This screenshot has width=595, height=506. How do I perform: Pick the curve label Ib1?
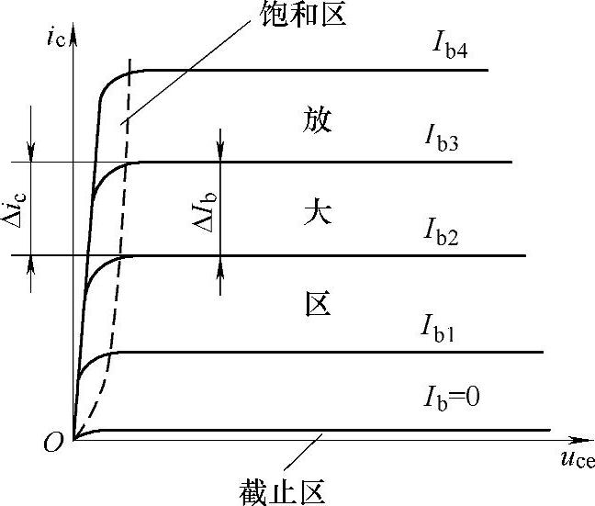coord(440,326)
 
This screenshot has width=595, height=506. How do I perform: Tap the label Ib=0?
coord(453,398)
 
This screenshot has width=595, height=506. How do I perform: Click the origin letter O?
coord(52,445)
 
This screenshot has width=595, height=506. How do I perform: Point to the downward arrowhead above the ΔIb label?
coord(220,154)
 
